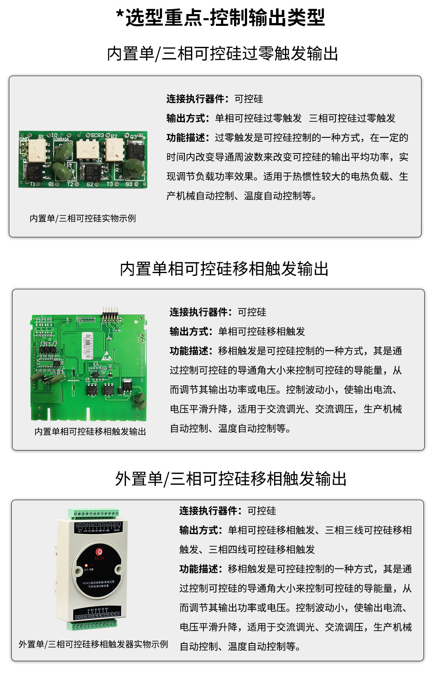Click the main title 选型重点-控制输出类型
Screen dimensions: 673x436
(220, 18)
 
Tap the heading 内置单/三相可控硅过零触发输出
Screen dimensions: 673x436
(222, 54)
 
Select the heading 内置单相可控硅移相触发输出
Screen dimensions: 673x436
(224, 269)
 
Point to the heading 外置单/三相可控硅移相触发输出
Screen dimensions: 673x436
(231, 479)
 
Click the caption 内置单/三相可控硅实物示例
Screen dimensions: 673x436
(83, 219)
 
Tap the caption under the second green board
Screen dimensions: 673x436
(90, 432)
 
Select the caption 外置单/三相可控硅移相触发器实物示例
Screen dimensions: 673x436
(93, 644)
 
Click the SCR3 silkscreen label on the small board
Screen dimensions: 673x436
(97, 135)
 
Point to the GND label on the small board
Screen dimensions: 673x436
(24, 139)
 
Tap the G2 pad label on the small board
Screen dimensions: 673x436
(90, 185)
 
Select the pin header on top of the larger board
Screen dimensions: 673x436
(110, 313)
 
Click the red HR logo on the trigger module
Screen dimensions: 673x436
(99, 552)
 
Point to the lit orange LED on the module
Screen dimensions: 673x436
(86, 566)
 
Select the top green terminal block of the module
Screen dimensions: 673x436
(94, 514)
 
